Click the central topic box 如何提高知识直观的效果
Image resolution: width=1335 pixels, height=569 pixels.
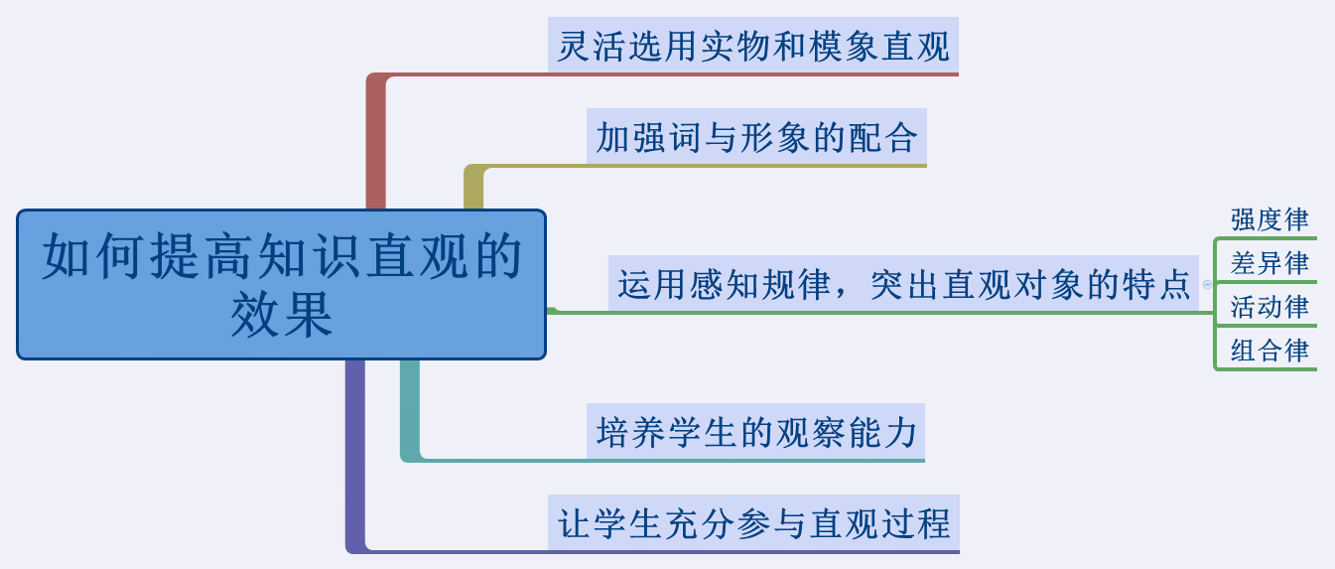(281, 284)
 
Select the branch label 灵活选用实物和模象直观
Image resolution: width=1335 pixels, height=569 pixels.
(753, 46)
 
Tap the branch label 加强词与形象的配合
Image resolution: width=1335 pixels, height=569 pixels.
(756, 137)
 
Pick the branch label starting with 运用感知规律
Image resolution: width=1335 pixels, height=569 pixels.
(903, 283)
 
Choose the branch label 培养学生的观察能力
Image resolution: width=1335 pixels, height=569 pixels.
(755, 431)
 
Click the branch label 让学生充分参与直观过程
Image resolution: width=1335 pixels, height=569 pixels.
(754, 522)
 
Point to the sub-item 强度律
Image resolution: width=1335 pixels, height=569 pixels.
(1269, 219)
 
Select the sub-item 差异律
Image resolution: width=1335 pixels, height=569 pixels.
(1269, 263)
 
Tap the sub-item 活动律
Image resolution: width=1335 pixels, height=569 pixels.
(1269, 307)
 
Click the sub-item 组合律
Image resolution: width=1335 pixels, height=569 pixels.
(1269, 351)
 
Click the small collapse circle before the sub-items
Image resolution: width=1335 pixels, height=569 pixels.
(1207, 284)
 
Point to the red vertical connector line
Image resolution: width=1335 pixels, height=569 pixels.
(375, 143)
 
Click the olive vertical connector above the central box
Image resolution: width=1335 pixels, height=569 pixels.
(473, 188)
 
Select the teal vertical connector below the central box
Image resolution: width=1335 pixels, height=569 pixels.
(410, 408)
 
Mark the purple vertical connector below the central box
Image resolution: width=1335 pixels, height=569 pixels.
(355, 455)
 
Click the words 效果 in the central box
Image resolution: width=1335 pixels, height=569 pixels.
(281, 315)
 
